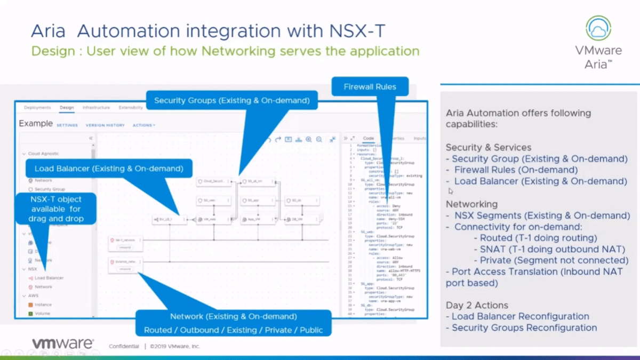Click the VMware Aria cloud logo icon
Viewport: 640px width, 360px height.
[x=598, y=28]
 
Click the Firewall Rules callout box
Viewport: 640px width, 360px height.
[x=370, y=86]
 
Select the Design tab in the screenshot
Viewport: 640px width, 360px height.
[x=67, y=108]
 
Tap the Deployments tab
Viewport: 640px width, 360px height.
[x=37, y=108]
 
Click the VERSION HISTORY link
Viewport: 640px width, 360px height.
[x=105, y=125]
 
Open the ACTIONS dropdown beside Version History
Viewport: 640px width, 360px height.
[x=144, y=125]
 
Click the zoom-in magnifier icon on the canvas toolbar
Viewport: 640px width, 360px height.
[x=309, y=140]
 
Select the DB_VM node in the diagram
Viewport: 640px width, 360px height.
[x=302, y=219]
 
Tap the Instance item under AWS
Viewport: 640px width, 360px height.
[x=43, y=305]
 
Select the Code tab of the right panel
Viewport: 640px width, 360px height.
[x=369, y=139]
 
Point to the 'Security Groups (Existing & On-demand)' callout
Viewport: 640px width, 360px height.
[x=231, y=100]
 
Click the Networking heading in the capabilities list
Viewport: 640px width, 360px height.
[x=471, y=204]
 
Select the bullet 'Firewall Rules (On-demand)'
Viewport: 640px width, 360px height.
[x=516, y=170]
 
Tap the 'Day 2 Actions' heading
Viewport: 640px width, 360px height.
[x=477, y=305]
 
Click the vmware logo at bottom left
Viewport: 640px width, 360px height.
[x=62, y=344]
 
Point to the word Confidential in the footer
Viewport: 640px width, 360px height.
[x=124, y=346]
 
